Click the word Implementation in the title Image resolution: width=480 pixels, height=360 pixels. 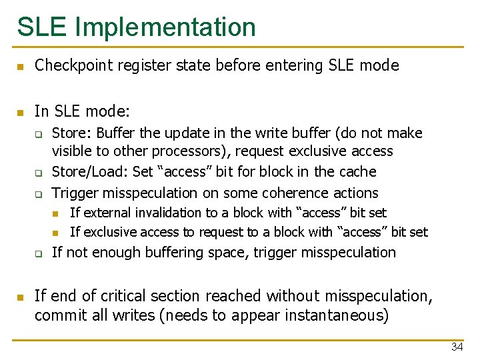pyautogui.click(x=165, y=27)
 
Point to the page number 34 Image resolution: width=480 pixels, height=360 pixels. pyautogui.click(x=457, y=347)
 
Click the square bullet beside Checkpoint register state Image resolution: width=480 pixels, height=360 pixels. pyautogui.click(x=20, y=67)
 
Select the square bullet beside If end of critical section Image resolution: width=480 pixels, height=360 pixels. pyautogui.click(x=20, y=297)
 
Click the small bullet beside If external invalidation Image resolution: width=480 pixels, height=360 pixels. pyautogui.click(x=57, y=213)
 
